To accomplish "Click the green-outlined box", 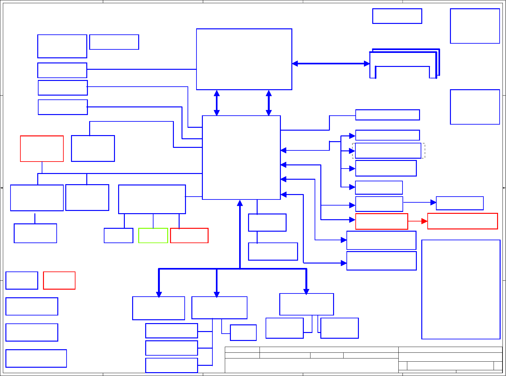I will tap(153, 235).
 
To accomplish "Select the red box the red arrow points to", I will tap(462, 221).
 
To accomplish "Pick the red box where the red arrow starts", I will tap(381, 221).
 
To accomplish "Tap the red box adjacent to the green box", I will tap(189, 235).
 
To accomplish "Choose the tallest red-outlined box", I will tap(42, 148).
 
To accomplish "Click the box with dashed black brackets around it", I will tap(388, 151).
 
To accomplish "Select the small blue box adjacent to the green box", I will tap(118, 235).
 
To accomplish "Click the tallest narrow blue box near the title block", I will tap(461, 289).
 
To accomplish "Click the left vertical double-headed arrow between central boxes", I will tap(217, 103).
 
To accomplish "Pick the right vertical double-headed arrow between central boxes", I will tap(269, 103).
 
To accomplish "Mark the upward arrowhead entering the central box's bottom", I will tap(240, 203).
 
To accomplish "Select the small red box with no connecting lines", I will tap(59, 280).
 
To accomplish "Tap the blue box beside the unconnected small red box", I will tap(22, 280).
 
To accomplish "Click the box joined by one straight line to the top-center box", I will tap(62, 70).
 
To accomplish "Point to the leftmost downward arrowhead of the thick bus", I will tap(159, 294).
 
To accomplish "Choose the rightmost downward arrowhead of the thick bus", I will tap(306, 291).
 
